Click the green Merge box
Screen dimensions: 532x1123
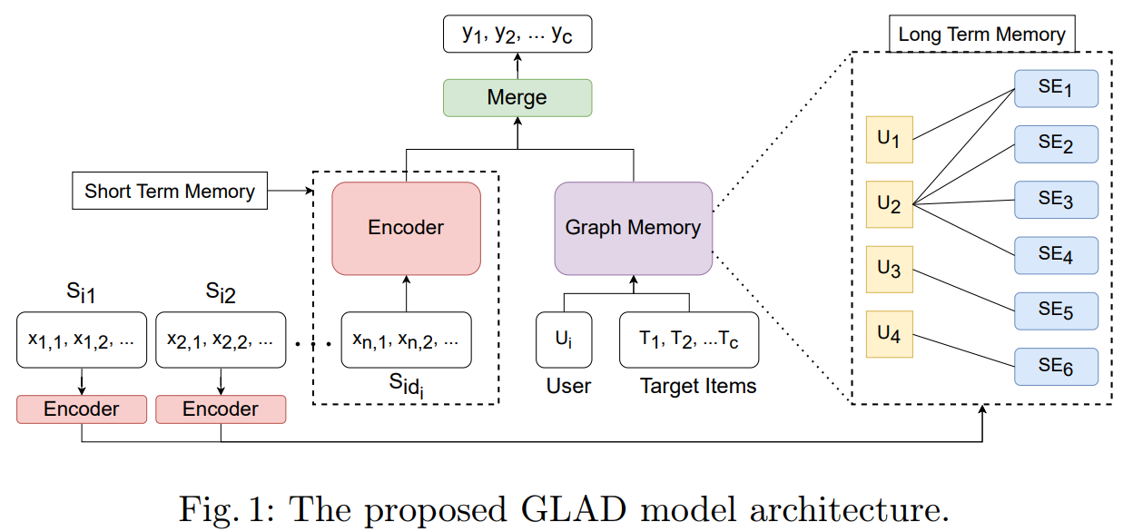[x=517, y=97]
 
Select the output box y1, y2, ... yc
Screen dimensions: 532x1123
[x=517, y=34]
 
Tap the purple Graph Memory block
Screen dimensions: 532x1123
[x=633, y=228]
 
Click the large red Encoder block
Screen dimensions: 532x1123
[x=406, y=228]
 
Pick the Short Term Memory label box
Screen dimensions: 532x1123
[x=170, y=192]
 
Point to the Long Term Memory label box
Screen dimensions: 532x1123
[x=981, y=34]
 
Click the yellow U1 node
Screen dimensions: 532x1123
[x=889, y=139]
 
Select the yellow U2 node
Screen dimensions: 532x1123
[x=889, y=205]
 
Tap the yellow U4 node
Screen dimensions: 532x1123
[x=889, y=335]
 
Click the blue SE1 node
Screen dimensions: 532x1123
[x=1056, y=89]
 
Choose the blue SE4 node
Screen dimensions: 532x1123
[x=1056, y=255]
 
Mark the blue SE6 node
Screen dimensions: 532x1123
[x=1056, y=367]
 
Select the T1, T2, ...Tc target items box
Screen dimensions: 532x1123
[x=689, y=340]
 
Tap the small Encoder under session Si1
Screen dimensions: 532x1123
[x=81, y=409]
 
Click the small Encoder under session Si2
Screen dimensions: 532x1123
[x=221, y=409]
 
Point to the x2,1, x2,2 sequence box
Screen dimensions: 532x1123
[x=221, y=340]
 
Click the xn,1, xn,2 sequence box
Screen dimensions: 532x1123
[x=406, y=340]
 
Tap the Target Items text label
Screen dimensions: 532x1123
[x=697, y=386]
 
